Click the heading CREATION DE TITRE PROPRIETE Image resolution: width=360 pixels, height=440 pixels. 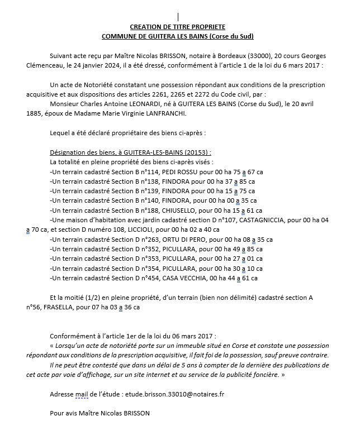click(x=177, y=27)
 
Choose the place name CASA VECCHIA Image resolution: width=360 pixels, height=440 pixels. click(x=188, y=278)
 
